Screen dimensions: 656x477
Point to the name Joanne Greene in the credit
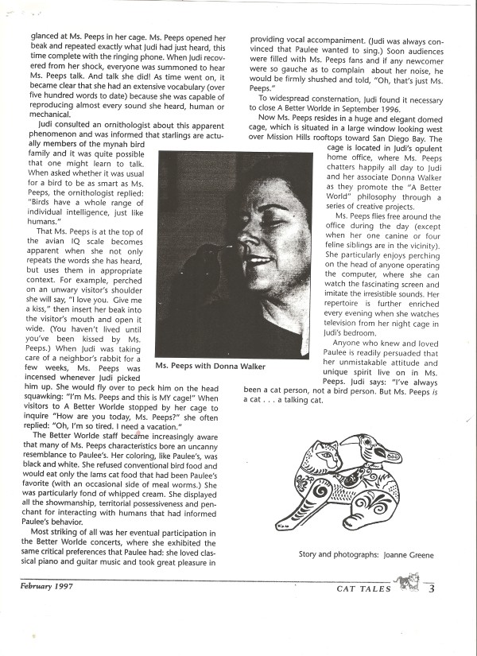click(x=409, y=554)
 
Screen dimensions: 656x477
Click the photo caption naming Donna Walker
click(x=210, y=366)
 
